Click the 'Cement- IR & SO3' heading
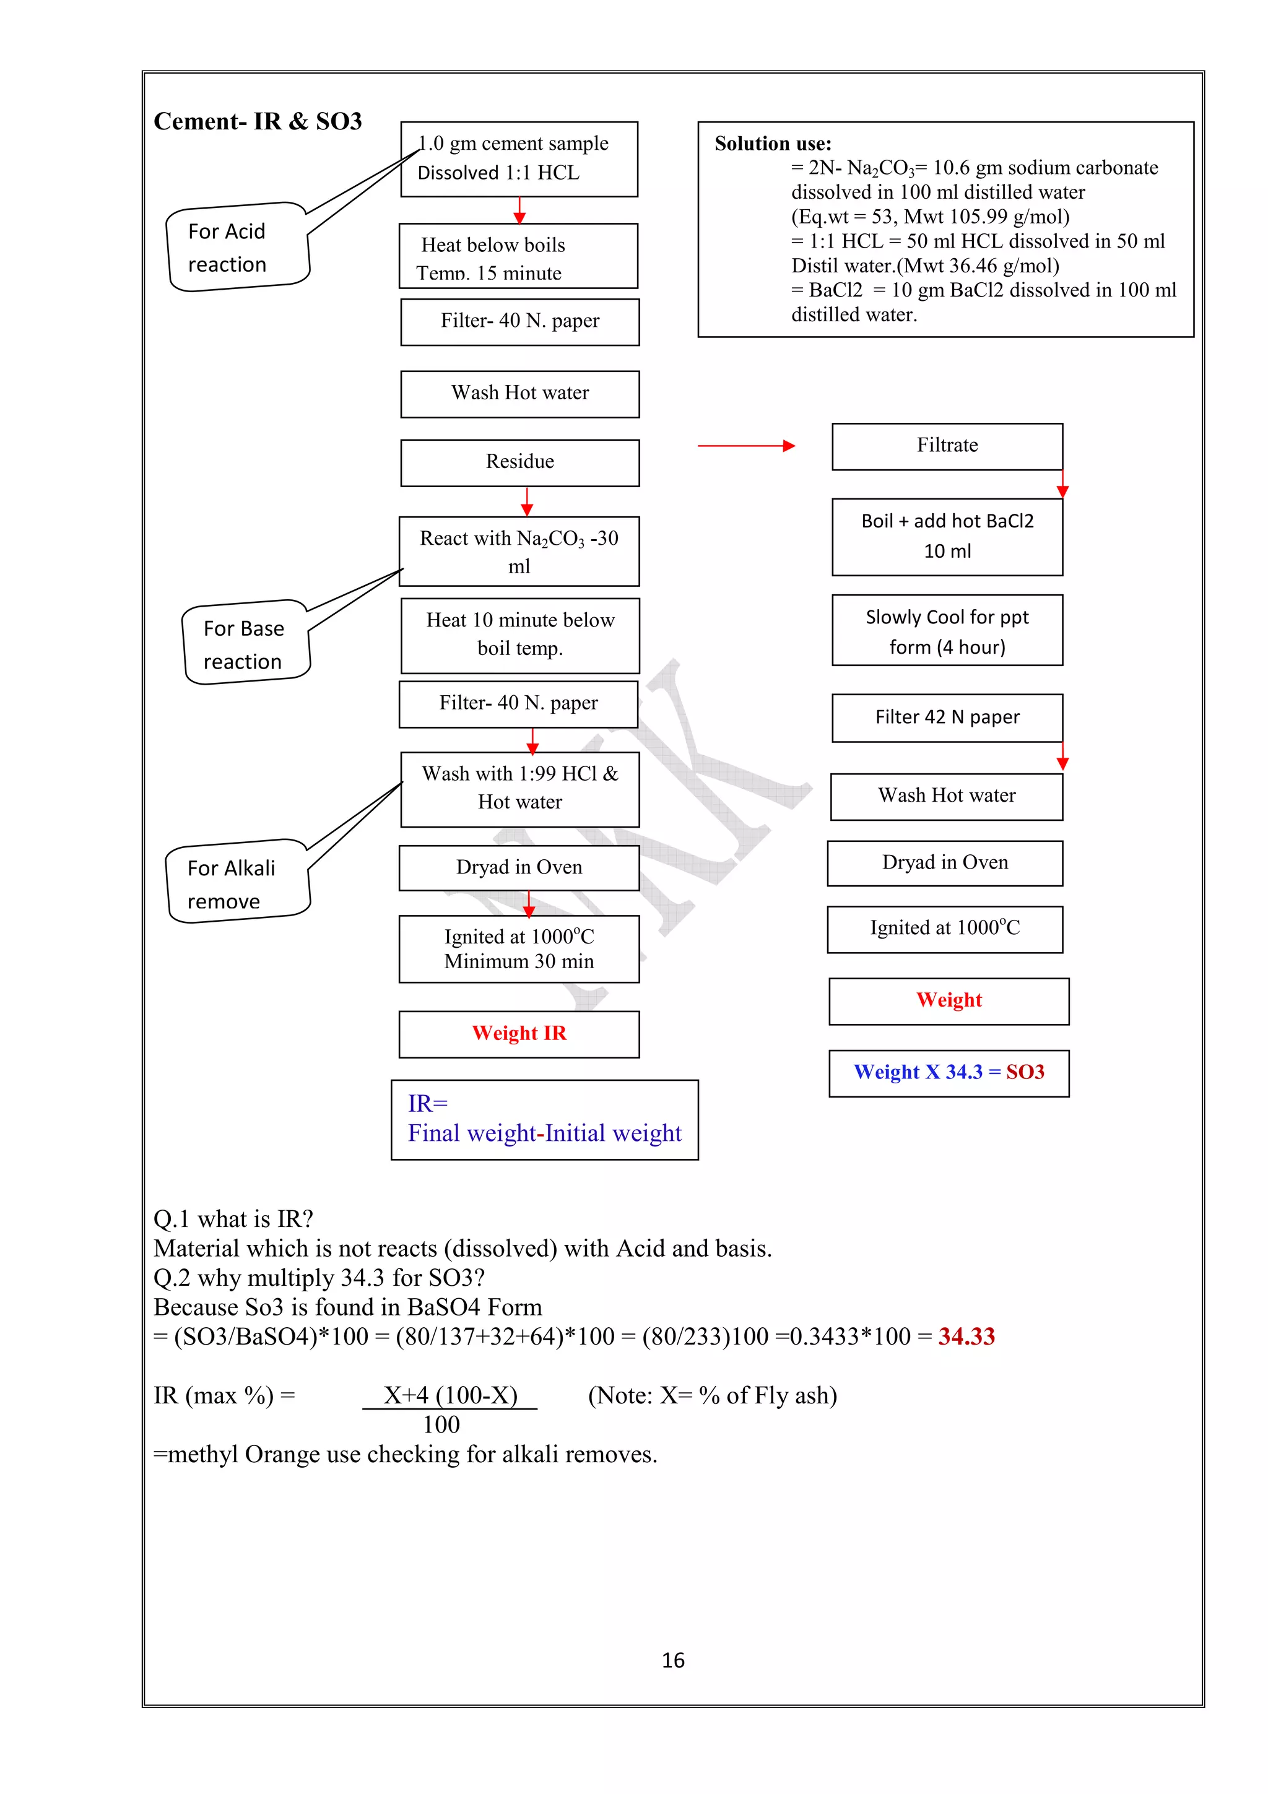258,121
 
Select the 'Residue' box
519,462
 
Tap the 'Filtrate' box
947,446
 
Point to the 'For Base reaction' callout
245,644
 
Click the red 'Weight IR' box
519,1034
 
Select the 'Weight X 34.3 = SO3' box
949,1073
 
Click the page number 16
672,1660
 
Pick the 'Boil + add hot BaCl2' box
947,537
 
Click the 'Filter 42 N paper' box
947,717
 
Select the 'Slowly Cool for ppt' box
947,631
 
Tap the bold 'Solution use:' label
773,144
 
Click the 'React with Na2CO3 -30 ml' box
519,552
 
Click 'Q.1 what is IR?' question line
233,1219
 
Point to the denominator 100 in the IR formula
441,1424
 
